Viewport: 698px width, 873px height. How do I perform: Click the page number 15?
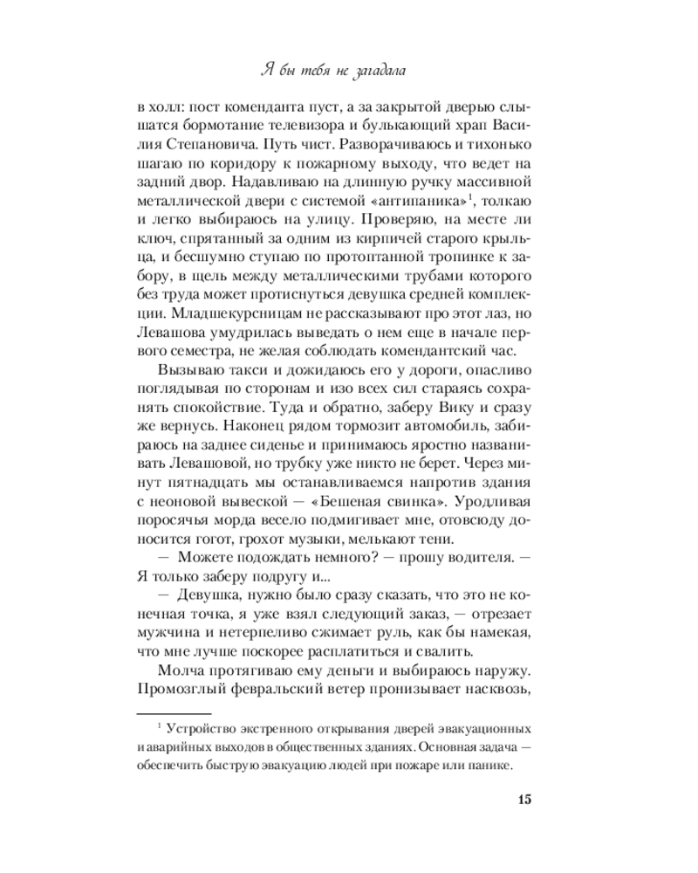[x=523, y=801]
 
